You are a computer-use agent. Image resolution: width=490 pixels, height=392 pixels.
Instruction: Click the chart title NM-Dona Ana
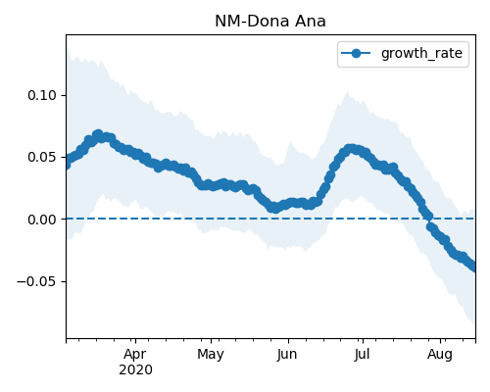270,22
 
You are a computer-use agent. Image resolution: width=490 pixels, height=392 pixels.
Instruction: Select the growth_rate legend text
421,54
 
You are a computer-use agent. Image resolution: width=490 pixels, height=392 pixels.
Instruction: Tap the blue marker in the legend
356,53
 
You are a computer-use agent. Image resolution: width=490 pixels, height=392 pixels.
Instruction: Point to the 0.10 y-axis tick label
42,95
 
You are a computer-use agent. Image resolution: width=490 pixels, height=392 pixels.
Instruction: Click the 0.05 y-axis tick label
42,157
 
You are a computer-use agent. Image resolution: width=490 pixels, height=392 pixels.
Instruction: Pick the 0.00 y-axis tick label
42,220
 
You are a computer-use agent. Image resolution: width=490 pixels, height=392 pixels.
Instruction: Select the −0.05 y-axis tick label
37,281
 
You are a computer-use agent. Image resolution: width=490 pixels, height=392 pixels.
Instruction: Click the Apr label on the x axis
135,354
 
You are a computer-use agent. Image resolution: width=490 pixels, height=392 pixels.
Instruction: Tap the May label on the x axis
211,355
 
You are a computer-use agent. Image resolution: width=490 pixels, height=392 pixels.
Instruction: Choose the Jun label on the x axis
287,354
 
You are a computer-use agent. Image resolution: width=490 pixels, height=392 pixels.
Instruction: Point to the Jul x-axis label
362,354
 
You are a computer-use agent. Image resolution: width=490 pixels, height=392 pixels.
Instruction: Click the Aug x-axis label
440,355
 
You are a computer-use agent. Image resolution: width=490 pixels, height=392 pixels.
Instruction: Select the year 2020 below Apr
135,370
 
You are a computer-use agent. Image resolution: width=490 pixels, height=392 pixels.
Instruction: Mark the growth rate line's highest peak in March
98,134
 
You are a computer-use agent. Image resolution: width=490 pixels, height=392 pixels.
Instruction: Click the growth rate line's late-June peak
350,149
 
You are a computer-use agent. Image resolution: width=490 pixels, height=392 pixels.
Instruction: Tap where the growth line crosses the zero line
428,219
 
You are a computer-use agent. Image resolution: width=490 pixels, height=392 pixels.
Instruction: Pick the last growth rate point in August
474,268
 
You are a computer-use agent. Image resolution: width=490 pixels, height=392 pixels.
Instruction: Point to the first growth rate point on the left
67,165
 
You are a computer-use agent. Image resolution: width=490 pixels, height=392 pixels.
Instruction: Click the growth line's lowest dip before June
276,208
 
